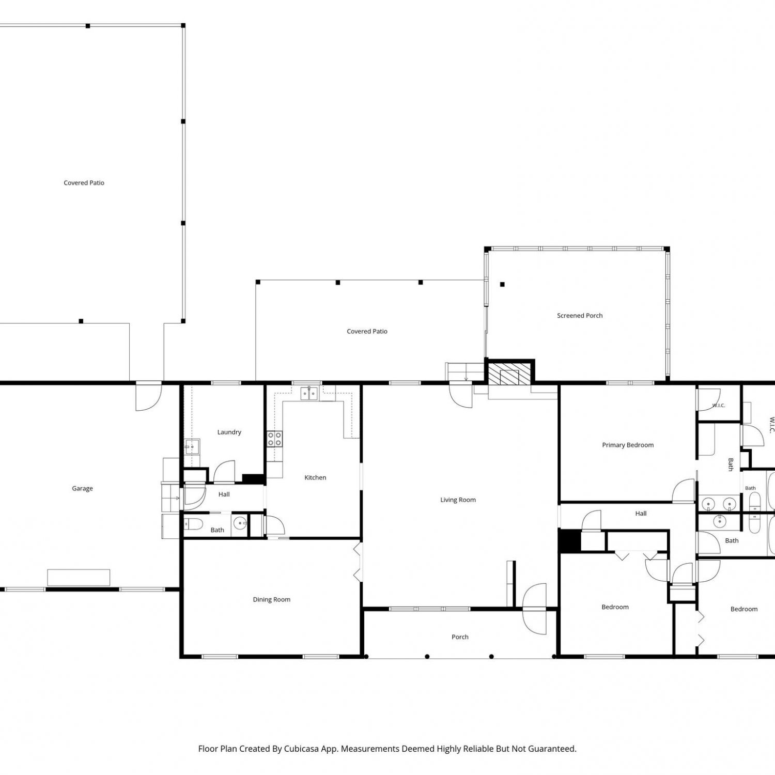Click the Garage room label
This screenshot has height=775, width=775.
pos(82,488)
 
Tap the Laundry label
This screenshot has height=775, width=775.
pos(229,432)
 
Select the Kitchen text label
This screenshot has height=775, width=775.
pos(315,477)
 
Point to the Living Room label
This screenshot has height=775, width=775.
pos(458,500)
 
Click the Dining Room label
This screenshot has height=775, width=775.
pos(271,599)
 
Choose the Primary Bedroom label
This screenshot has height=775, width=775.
pos(628,445)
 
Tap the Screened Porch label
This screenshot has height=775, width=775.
pos(580,315)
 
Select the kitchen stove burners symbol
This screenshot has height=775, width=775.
pos(274,439)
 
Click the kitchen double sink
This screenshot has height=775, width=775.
pos(309,394)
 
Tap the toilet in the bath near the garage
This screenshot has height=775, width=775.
pos(193,524)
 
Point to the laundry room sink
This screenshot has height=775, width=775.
pos(192,446)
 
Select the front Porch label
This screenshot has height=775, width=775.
pos(460,637)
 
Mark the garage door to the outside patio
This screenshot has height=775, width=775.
pos(149,397)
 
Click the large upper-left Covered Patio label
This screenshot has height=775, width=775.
pos(84,182)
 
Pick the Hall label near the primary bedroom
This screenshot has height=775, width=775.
pos(641,514)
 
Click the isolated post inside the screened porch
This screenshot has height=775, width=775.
pos(502,284)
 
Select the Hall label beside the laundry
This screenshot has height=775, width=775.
pos(224,494)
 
